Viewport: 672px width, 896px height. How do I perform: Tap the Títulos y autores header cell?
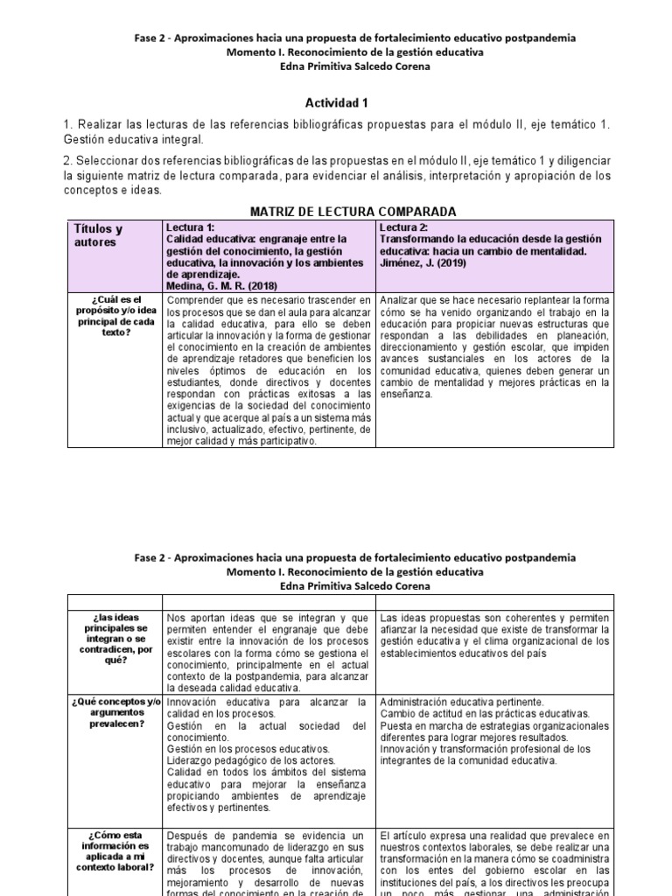coord(98,235)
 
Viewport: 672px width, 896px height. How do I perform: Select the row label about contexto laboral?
coord(114,853)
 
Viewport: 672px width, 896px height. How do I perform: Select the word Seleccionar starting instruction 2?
coord(109,162)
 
